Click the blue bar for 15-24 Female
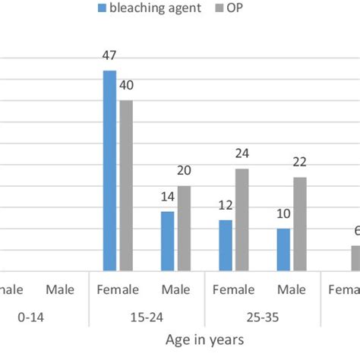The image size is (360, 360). click(109, 171)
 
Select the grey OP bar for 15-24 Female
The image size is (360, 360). click(126, 185)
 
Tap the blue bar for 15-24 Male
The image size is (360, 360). click(167, 241)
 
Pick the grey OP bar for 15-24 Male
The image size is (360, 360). click(184, 229)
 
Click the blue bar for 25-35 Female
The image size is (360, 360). click(226, 245)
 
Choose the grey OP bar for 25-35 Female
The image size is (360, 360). click(242, 219)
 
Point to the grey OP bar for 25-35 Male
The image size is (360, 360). click(300, 224)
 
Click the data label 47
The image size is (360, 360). click(109, 55)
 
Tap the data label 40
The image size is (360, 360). click(126, 85)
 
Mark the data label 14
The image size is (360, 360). click(167, 196)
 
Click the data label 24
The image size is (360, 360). click(242, 153)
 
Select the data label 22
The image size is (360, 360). click(300, 162)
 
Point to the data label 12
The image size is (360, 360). click(226, 204)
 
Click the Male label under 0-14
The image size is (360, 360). click(60, 290)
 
